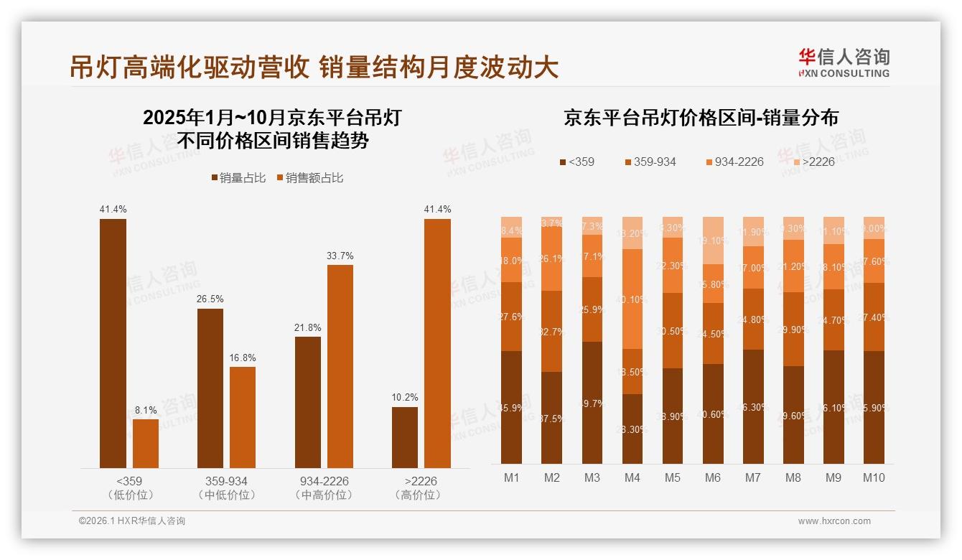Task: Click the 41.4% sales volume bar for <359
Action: (113, 343)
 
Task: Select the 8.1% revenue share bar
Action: (146, 444)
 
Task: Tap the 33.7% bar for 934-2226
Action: (340, 366)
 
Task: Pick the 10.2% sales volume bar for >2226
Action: (405, 437)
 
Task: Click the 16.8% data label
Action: (243, 358)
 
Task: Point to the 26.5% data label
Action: (210, 299)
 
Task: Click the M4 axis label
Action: (632, 477)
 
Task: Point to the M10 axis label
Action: (874, 477)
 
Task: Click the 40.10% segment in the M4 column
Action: (632, 299)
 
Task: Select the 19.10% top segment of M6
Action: (713, 241)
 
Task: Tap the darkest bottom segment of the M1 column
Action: (511, 407)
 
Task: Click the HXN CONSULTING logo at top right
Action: (844, 62)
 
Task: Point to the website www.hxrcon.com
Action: (834, 521)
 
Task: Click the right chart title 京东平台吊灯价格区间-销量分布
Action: (701, 118)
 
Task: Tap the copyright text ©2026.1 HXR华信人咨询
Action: (132, 521)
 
